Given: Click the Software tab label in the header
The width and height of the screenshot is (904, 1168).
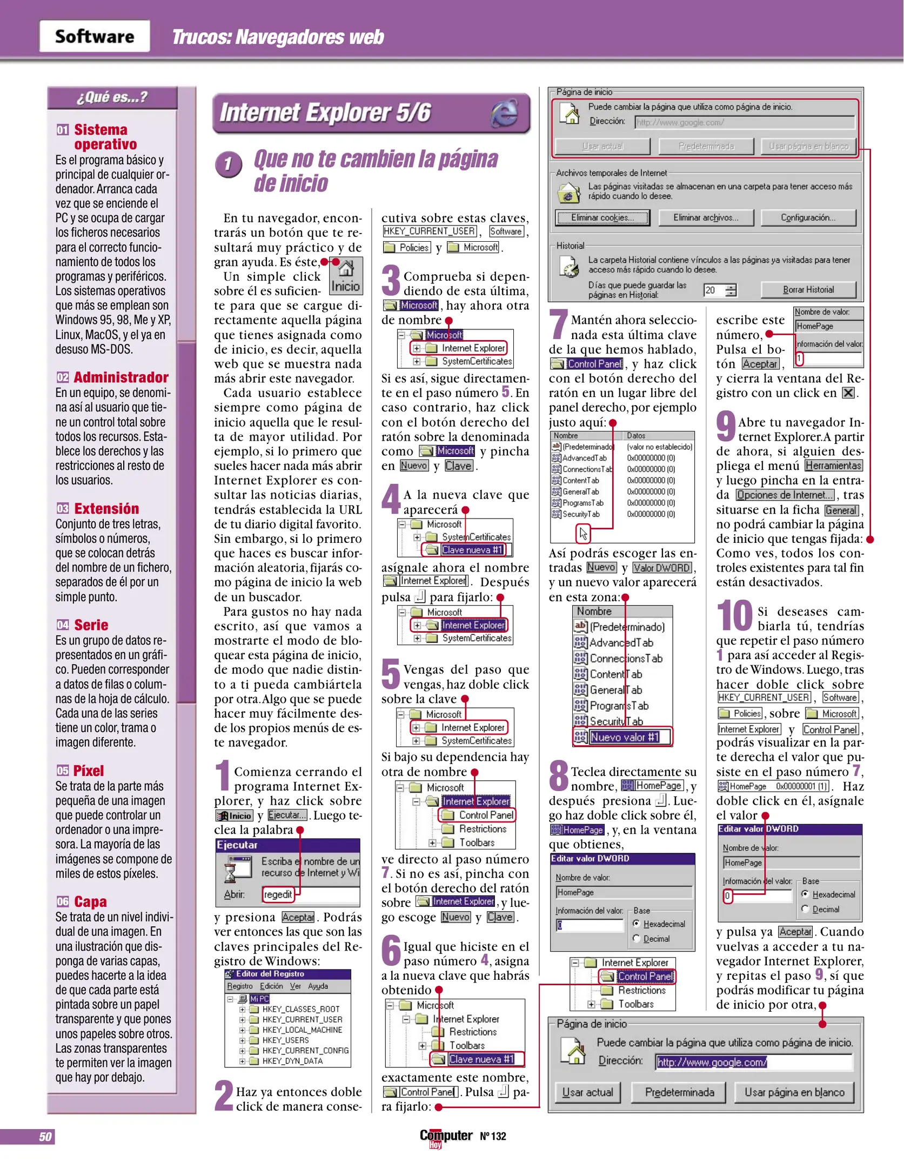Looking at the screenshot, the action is tap(95, 36).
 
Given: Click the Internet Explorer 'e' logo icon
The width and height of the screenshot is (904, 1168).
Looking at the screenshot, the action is tap(504, 114).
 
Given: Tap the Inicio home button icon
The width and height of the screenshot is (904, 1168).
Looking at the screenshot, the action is tap(346, 276).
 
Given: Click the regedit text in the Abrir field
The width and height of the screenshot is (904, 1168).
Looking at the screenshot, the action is tap(278, 894).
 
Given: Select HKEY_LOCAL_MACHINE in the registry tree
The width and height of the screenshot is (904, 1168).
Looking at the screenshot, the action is tap(302, 1030).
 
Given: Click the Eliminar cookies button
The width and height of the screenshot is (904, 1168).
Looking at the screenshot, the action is tap(602, 217).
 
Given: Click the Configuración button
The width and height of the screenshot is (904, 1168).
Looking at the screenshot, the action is tap(808, 217).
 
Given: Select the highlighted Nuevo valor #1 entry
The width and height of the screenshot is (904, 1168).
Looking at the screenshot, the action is tap(625, 737).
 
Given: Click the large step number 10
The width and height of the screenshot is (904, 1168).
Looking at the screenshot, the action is tap(734, 616).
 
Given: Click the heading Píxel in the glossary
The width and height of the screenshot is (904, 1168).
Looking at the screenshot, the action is tap(89, 771).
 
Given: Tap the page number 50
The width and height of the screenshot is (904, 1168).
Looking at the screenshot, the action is tap(45, 1137).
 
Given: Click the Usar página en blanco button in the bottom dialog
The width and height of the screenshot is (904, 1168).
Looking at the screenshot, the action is tap(794, 1092).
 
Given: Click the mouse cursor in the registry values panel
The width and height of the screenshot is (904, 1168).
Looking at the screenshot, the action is tap(583, 534).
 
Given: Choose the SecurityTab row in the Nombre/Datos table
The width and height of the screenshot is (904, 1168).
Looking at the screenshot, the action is tap(581, 514).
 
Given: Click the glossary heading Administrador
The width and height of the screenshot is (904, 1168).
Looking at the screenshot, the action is tap(121, 377).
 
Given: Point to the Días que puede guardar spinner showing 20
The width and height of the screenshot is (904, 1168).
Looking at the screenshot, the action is tap(720, 290).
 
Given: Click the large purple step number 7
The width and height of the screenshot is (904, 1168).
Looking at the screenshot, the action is tap(559, 324).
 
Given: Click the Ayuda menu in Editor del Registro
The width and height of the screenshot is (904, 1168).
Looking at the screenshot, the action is tap(318, 986).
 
